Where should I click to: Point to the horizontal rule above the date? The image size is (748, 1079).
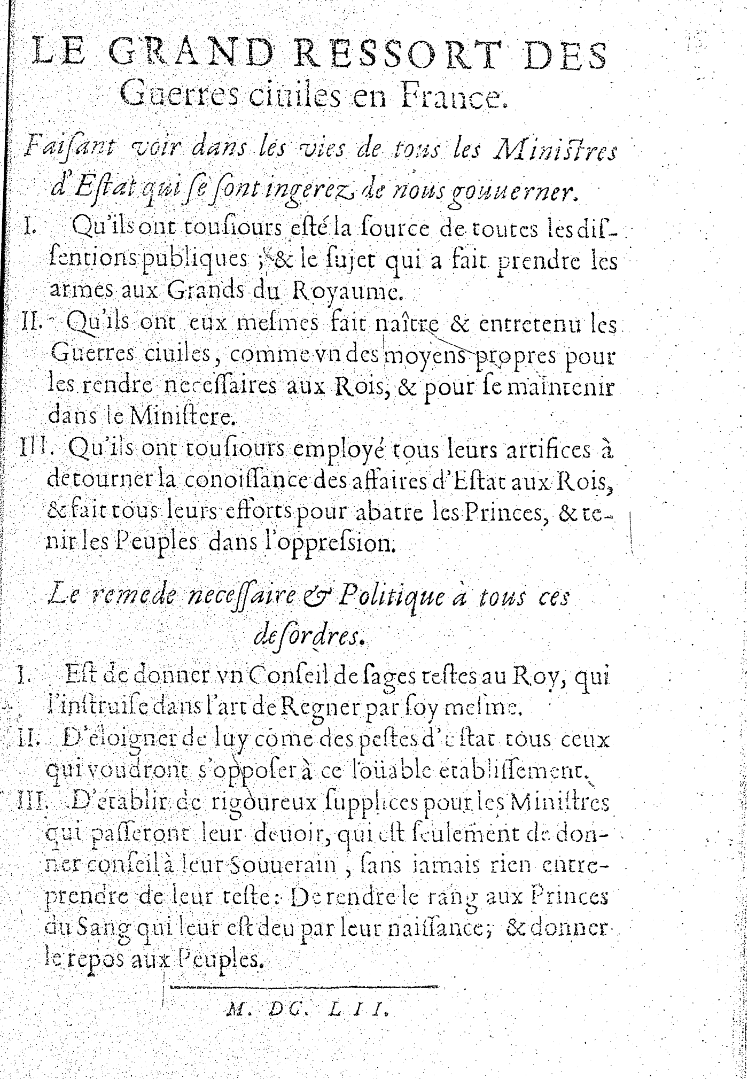pos(303,986)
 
